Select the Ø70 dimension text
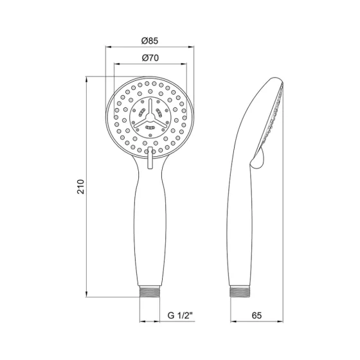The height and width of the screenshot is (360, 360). coord(149,58)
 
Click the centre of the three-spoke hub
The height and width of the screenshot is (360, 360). coord(149,116)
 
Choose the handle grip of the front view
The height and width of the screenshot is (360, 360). coord(149,225)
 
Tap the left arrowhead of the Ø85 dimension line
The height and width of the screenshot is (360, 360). coord(107,47)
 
